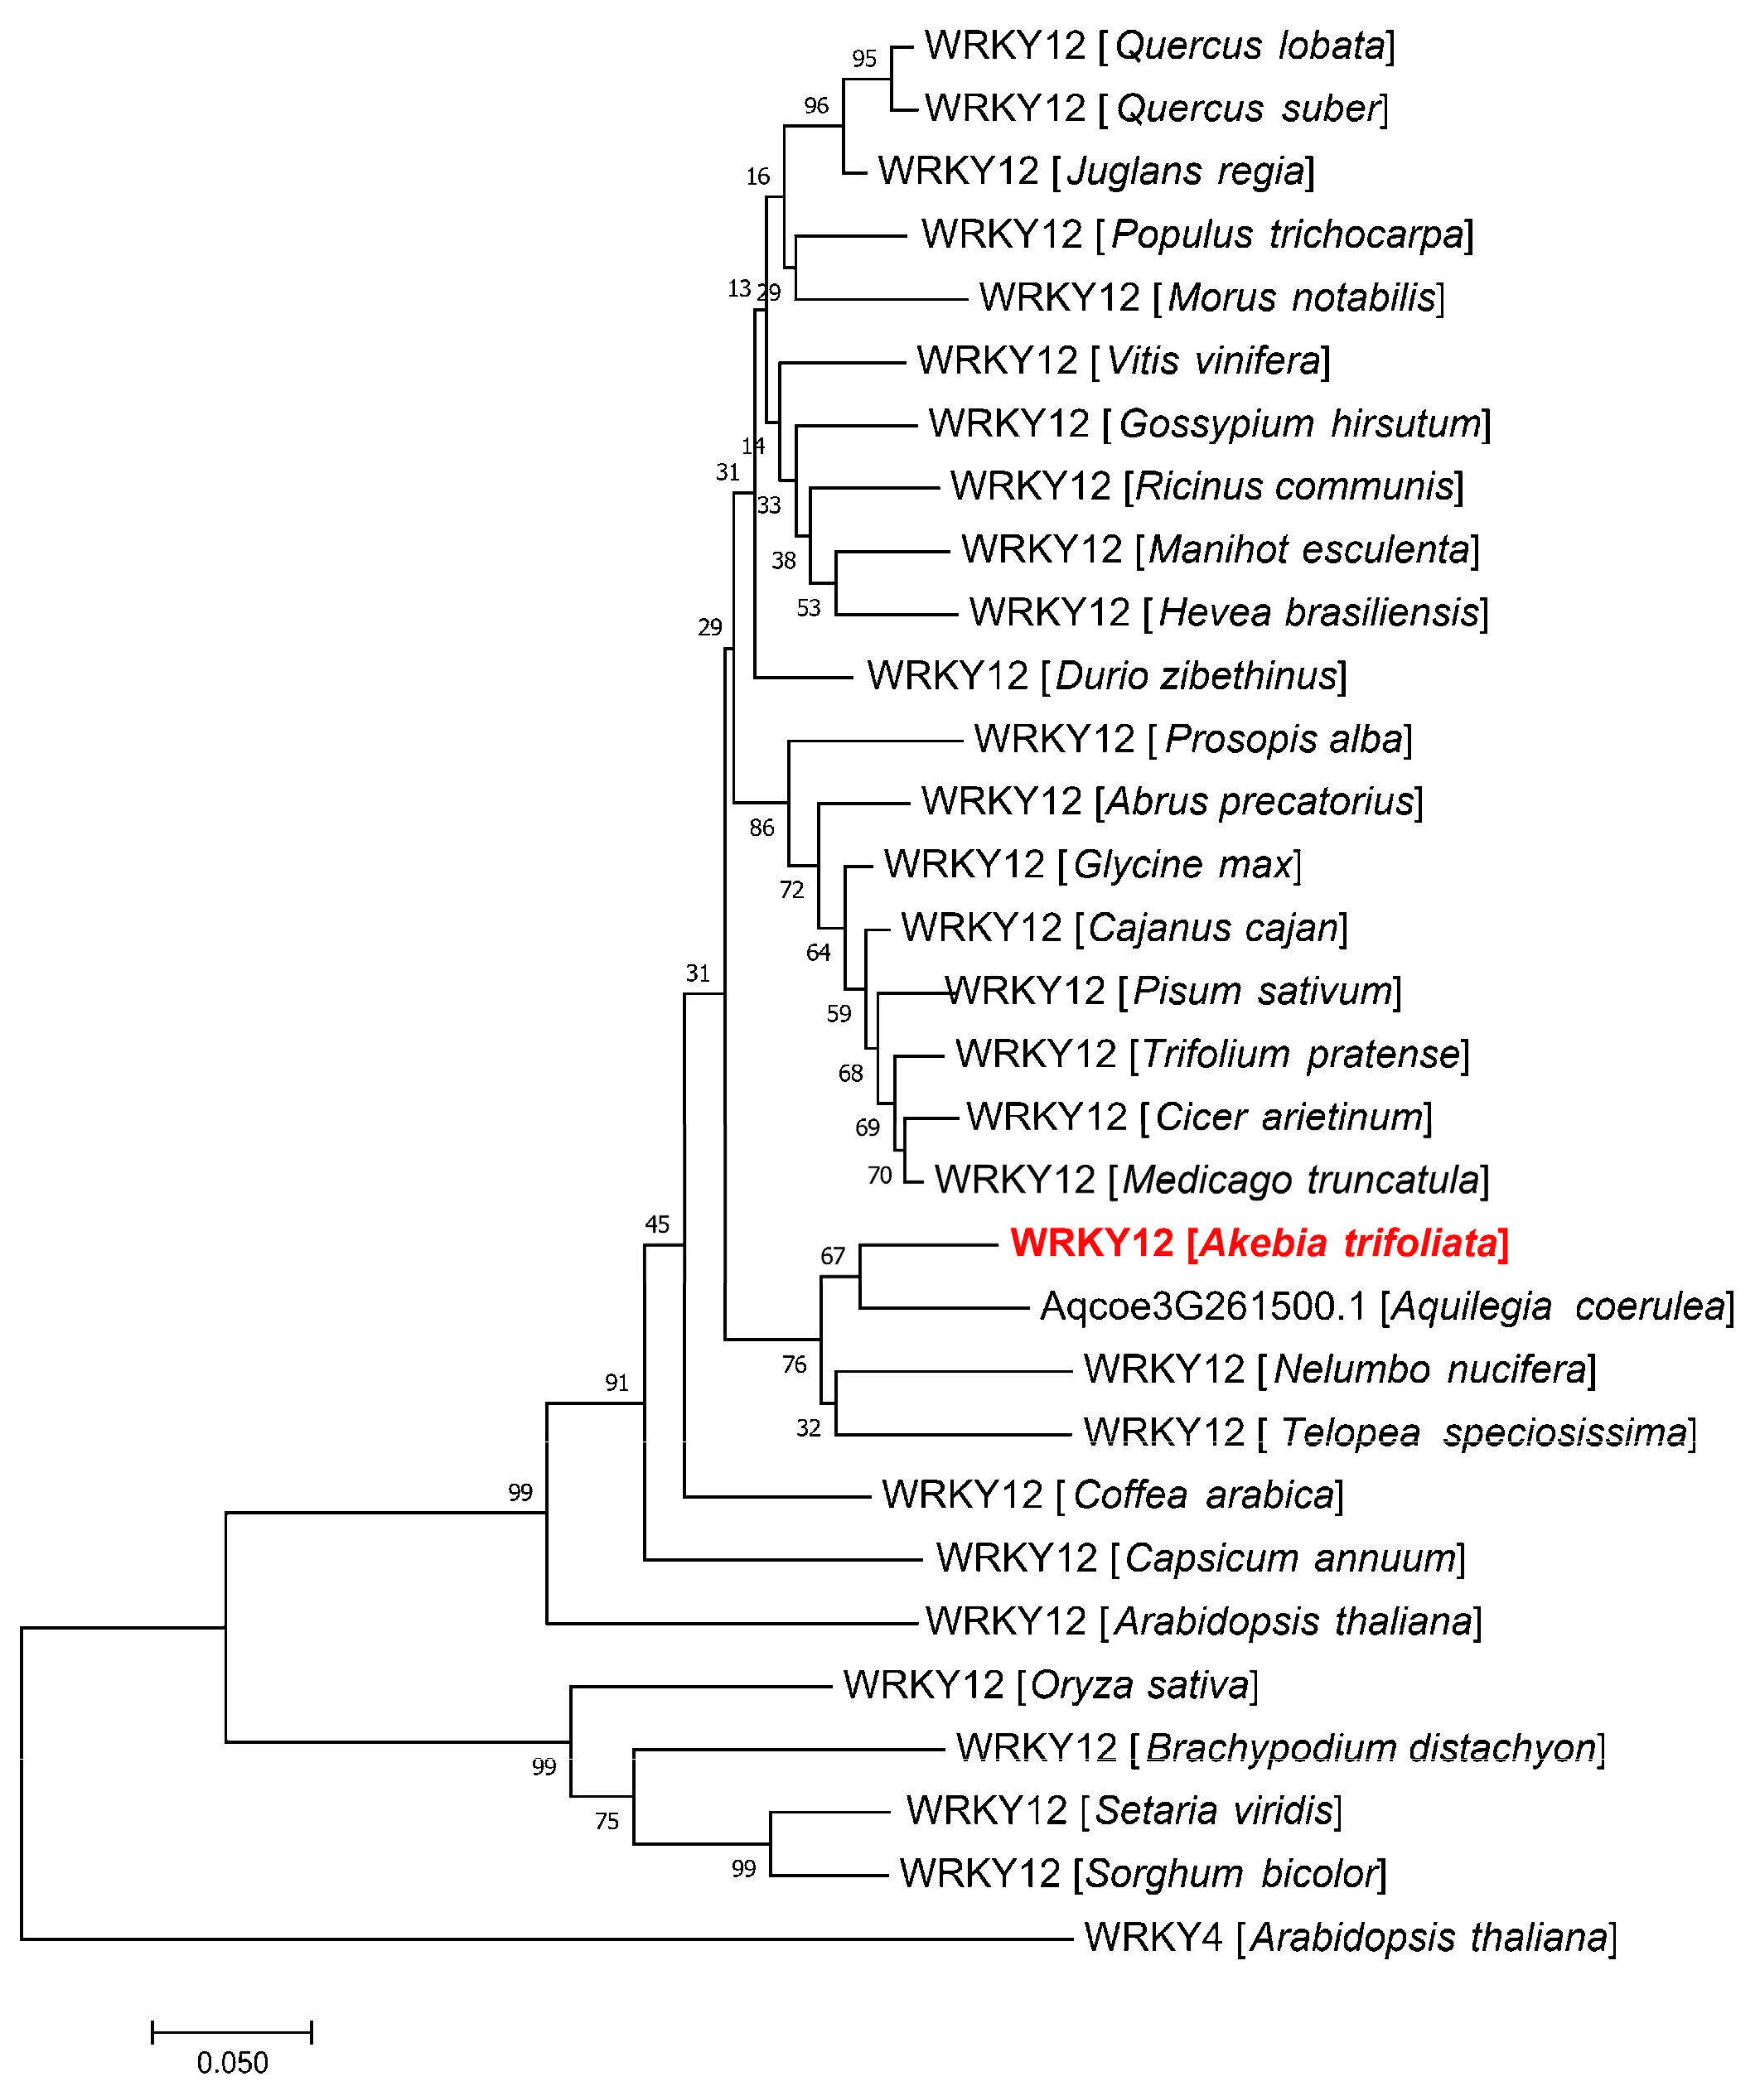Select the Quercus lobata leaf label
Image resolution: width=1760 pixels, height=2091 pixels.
pyautogui.click(x=1159, y=46)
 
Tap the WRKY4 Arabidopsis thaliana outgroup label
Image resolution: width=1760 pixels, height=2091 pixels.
pyautogui.click(x=1350, y=1938)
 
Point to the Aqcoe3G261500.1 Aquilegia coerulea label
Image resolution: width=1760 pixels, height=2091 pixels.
pyautogui.click(x=1387, y=1306)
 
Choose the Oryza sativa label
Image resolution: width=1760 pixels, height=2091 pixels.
pyautogui.click(x=1051, y=1685)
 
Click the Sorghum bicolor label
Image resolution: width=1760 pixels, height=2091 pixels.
pyautogui.click(x=1143, y=1873)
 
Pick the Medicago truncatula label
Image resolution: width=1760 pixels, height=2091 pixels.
pyautogui.click(x=1211, y=1181)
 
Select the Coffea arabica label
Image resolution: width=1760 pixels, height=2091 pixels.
pyautogui.click(x=1113, y=1495)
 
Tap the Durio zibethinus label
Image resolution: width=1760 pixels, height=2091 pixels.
pyautogui.click(x=1106, y=676)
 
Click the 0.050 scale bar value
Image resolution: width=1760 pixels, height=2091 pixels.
pyautogui.click(x=233, y=2062)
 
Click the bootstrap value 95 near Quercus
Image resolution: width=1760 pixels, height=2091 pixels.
pyautogui.click(x=864, y=59)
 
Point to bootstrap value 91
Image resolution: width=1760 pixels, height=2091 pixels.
pyautogui.click(x=616, y=1383)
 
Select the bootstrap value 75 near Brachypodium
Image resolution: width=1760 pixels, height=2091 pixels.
pyautogui.click(x=607, y=1822)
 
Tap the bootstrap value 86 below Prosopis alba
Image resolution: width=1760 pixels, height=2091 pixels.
pyautogui.click(x=762, y=827)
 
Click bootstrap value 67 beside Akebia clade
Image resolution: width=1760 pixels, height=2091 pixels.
pyautogui.click(x=832, y=1256)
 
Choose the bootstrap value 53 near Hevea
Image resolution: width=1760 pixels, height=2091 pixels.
pyautogui.click(x=808, y=607)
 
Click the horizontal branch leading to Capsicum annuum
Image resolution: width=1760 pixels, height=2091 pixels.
pyautogui.click(x=783, y=1558)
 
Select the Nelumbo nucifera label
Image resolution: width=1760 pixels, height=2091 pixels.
pyautogui.click(x=1340, y=1369)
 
